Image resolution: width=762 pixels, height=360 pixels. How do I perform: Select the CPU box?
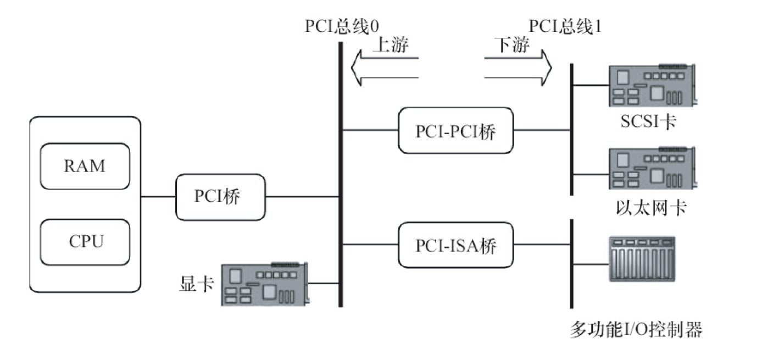(85, 241)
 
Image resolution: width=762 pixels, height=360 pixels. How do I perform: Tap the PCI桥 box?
(220, 197)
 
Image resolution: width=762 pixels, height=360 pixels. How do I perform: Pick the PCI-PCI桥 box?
(455, 130)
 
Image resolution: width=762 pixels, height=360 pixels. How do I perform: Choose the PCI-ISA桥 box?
(455, 246)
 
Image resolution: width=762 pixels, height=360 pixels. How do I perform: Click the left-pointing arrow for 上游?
(385, 67)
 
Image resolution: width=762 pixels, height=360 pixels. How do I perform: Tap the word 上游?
(390, 45)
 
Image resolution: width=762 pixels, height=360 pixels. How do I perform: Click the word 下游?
(512, 45)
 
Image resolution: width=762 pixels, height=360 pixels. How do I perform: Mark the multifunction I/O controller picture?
(642, 259)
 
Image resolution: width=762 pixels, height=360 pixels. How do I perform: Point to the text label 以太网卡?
(650, 208)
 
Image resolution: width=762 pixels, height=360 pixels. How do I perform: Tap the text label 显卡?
(196, 284)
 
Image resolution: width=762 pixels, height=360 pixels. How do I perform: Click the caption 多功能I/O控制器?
(636, 330)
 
